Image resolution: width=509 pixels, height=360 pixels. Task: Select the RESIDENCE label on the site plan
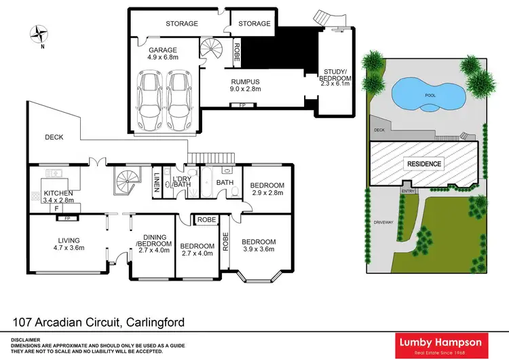tap(423, 164)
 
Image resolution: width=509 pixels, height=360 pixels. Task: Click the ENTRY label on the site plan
tap(407, 191)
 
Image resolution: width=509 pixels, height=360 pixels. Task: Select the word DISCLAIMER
tap(25, 338)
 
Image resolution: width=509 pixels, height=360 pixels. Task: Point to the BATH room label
tap(225, 183)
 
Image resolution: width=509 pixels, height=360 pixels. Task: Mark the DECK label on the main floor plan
tap(54, 137)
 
